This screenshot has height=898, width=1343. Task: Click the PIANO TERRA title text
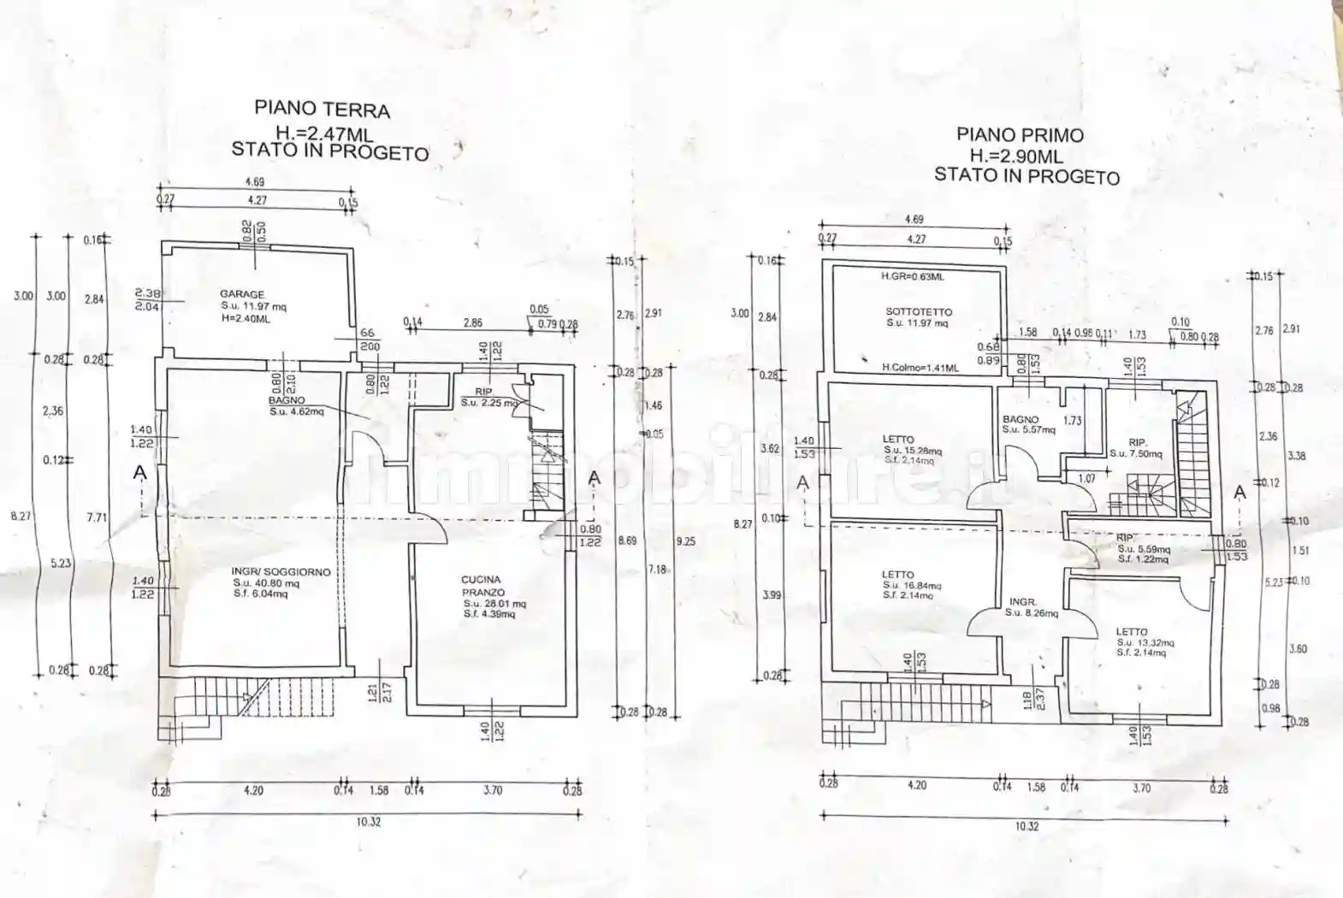pyautogui.click(x=322, y=109)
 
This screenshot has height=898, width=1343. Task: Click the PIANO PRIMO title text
pyautogui.click(x=1020, y=135)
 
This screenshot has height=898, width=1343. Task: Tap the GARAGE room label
pyautogui.click(x=242, y=294)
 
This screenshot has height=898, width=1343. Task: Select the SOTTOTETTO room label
pyautogui.click(x=919, y=312)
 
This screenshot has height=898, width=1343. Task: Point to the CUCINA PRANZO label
pyautogui.click(x=482, y=586)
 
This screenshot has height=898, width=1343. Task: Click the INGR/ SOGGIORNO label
pyautogui.click(x=281, y=572)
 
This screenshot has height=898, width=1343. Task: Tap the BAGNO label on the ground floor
pyautogui.click(x=286, y=400)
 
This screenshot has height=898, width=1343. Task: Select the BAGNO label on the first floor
pyautogui.click(x=1020, y=420)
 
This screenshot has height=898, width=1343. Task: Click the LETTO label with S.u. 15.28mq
pyautogui.click(x=898, y=440)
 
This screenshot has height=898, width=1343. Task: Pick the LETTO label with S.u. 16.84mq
pyautogui.click(x=897, y=575)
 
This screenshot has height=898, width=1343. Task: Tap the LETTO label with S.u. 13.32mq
pyautogui.click(x=1131, y=632)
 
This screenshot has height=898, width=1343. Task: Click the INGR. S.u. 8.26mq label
pyautogui.click(x=1023, y=602)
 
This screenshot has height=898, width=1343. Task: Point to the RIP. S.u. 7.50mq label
pyautogui.click(x=1137, y=443)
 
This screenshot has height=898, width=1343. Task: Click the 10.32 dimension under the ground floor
pyautogui.click(x=368, y=822)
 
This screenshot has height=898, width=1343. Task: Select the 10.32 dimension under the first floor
pyautogui.click(x=1026, y=826)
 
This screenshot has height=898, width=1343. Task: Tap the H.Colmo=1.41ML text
pyautogui.click(x=920, y=368)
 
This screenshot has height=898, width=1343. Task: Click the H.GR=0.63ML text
pyautogui.click(x=912, y=277)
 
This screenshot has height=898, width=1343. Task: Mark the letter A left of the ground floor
pyautogui.click(x=140, y=473)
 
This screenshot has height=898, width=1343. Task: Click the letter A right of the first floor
pyautogui.click(x=1239, y=492)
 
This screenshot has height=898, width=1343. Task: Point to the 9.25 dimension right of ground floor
pyautogui.click(x=684, y=541)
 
